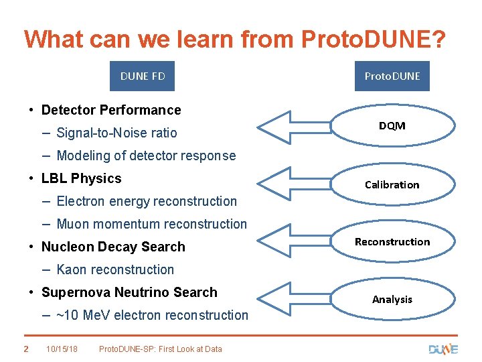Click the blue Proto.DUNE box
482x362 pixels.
392,76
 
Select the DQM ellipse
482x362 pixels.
392,125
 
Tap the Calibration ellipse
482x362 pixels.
392,184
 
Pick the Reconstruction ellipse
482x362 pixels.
392,241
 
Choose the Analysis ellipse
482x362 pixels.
392,299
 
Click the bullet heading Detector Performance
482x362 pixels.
111,110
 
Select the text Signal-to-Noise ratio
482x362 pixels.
116,133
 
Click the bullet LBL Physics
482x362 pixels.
81,178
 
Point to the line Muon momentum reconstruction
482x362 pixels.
151,224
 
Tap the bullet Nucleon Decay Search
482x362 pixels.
113,247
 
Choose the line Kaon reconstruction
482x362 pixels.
115,269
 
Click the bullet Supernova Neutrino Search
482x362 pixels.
129,292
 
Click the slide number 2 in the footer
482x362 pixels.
25,349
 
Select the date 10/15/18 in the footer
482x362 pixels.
62,349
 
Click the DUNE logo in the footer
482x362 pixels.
443,349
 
